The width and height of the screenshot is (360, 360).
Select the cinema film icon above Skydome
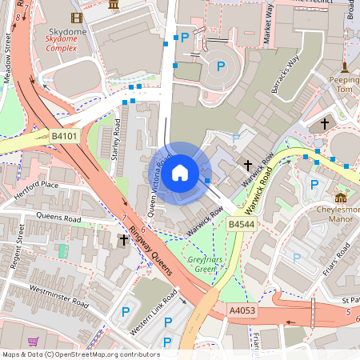76,18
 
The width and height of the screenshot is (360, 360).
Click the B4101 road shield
63,137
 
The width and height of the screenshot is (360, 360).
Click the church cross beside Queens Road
124,238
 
